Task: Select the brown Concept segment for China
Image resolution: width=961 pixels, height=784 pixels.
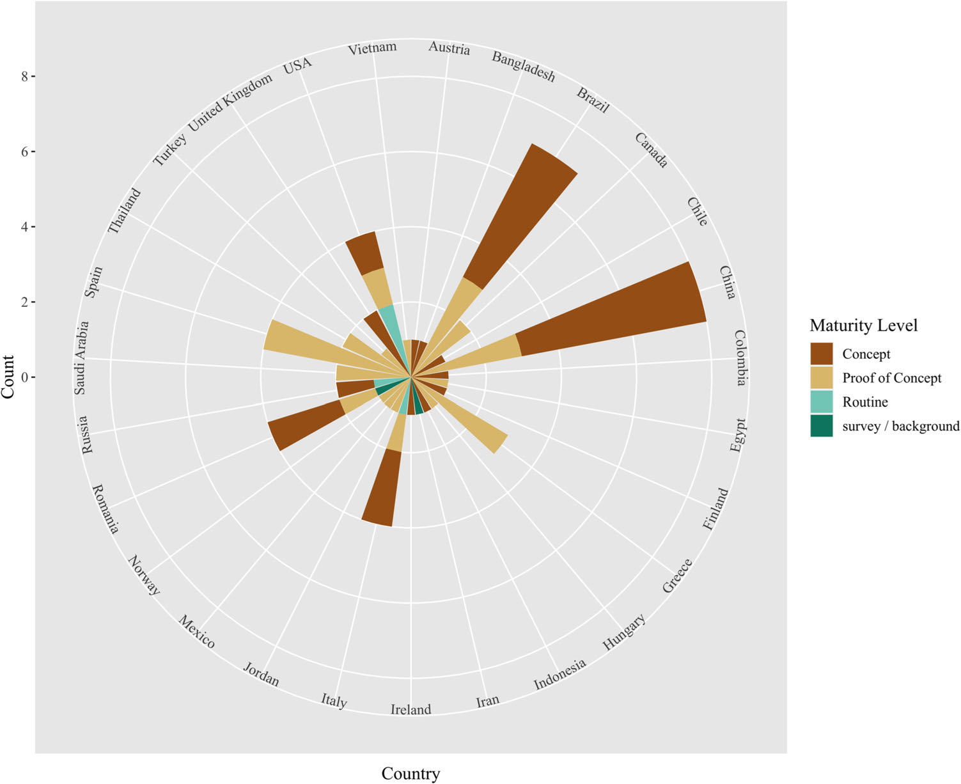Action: click(x=614, y=307)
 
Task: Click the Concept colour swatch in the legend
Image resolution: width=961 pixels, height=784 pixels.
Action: click(x=821, y=354)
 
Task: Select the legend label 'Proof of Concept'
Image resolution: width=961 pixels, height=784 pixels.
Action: click(x=891, y=378)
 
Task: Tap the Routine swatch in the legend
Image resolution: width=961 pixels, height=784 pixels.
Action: click(x=821, y=402)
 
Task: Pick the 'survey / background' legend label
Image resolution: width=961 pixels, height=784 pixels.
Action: click(x=900, y=426)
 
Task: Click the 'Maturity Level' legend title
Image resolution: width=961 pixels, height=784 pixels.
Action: click(x=863, y=325)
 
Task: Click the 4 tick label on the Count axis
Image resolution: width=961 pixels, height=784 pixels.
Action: click(x=25, y=227)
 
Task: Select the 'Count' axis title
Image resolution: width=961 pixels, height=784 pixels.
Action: click(x=8, y=377)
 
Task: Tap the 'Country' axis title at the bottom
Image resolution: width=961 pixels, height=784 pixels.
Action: click(x=410, y=774)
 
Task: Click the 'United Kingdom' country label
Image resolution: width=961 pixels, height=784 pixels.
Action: click(x=230, y=102)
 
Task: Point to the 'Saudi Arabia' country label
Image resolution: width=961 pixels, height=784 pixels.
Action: click(x=81, y=358)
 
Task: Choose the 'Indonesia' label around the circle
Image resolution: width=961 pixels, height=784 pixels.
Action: click(x=559, y=675)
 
